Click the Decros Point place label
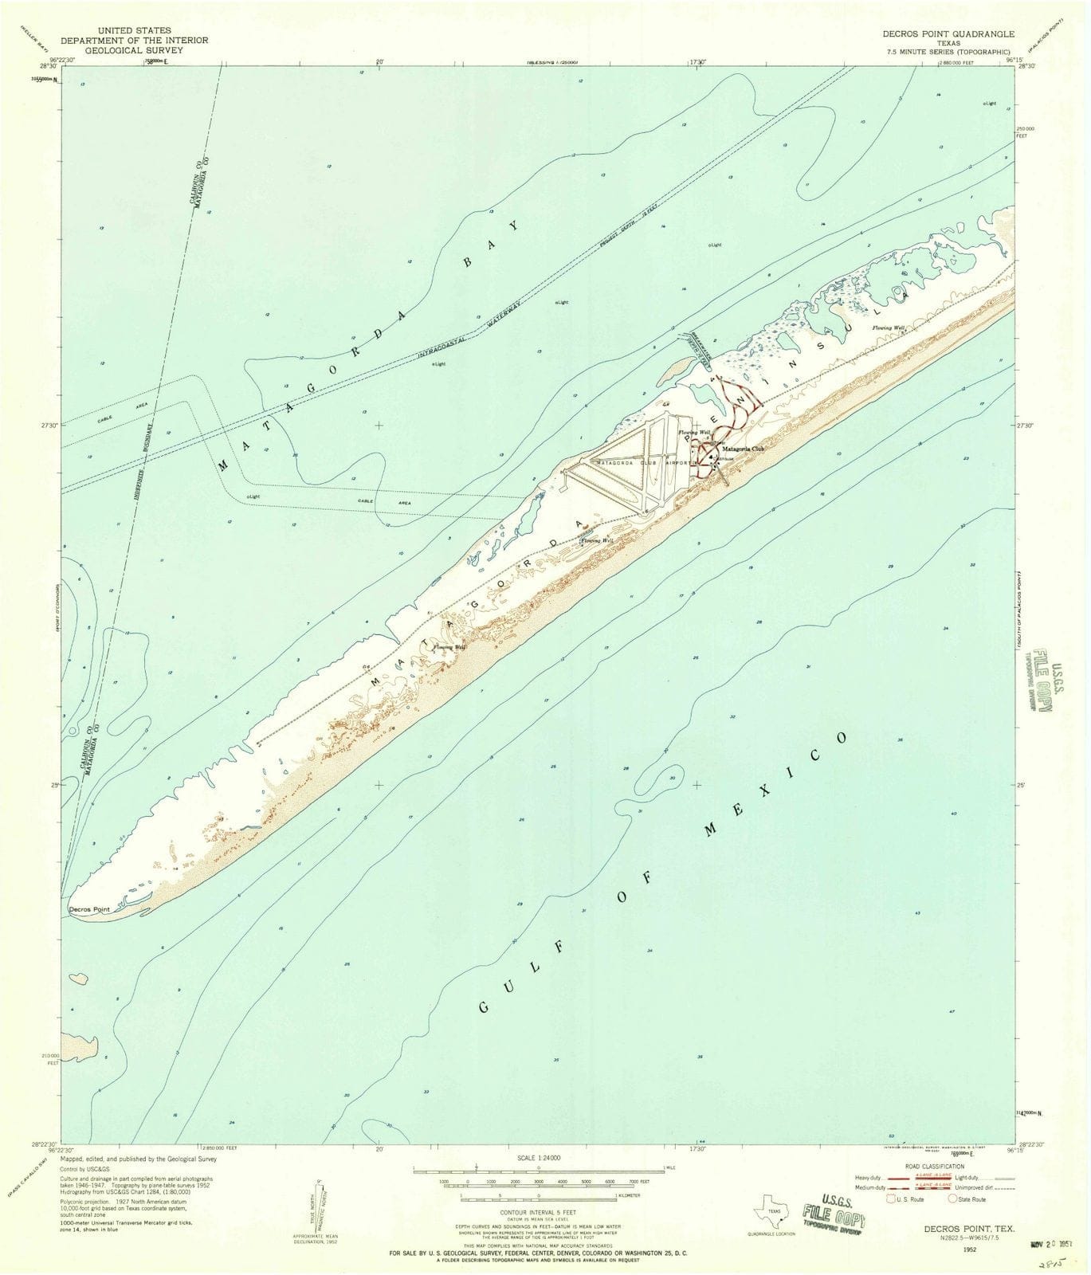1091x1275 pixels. (88, 908)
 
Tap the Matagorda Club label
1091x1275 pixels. (742, 449)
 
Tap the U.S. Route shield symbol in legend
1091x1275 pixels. (892, 1198)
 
